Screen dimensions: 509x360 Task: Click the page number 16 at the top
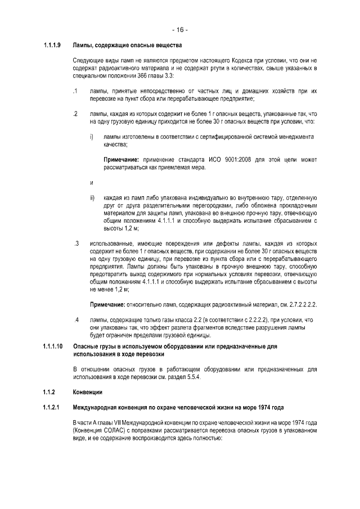pyautogui.click(x=180, y=29)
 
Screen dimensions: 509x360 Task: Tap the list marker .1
pyautogui.click(x=75, y=91)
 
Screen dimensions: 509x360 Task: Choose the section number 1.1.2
pyautogui.click(x=48, y=391)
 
